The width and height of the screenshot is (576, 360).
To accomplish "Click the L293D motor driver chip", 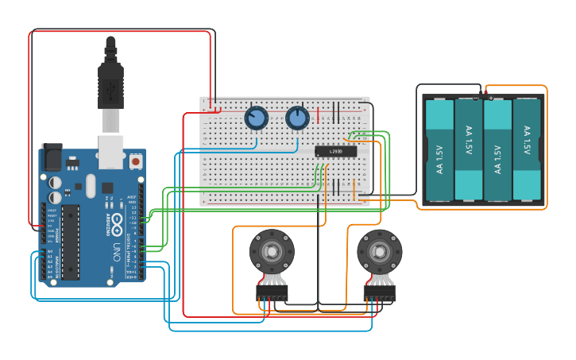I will click(330, 151).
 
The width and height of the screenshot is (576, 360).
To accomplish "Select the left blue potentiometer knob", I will click(256, 118).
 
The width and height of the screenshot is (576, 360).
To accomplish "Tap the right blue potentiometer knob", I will click(297, 118).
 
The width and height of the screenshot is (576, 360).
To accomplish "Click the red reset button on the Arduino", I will click(136, 161).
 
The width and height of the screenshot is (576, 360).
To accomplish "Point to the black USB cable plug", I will click(110, 79).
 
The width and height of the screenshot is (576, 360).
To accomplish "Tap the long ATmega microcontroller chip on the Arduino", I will click(70, 242).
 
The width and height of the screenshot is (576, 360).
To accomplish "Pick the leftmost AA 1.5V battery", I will click(439, 149).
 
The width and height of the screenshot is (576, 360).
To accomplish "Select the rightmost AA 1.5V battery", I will click(526, 149).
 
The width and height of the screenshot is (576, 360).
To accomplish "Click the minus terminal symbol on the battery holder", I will click(477, 98).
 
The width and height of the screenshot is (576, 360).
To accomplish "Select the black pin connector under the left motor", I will click(272, 295).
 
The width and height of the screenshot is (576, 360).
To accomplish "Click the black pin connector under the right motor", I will click(379, 295).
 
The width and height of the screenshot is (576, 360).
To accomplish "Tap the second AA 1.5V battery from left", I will click(468, 149).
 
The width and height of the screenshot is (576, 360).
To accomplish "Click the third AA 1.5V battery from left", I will click(497, 149).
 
